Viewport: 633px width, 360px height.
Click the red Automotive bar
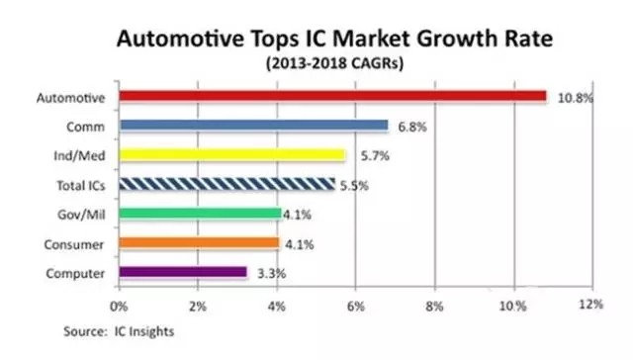pos(332,96)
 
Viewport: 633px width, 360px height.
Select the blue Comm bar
pos(253,126)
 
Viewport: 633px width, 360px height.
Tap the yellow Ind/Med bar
pos(232,155)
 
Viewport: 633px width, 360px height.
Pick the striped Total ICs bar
pos(226,184)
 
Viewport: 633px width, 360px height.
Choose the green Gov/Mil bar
pos(200,214)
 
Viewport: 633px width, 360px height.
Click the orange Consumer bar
pos(199,243)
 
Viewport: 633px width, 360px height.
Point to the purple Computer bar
pos(183,272)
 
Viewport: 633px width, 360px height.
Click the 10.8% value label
pos(576,98)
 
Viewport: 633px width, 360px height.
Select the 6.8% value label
pos(412,128)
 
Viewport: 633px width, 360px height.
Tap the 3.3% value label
pos(272,274)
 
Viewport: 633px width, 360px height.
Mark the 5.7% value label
pos(375,156)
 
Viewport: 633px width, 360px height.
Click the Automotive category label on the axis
pos(70,98)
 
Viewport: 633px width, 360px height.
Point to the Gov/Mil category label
pos(81,215)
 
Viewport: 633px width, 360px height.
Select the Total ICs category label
pos(81,186)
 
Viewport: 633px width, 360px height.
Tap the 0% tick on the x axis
pos(119,307)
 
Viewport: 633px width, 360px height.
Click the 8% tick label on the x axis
pos(434,307)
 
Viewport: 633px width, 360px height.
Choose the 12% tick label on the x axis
pos(591,305)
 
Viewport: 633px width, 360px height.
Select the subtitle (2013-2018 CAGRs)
pos(334,63)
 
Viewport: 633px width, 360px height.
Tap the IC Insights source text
pos(144,331)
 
